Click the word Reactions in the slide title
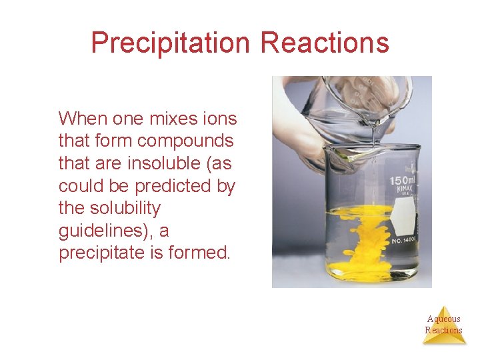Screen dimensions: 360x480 [325, 43]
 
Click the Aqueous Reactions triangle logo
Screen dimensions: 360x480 [444, 325]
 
